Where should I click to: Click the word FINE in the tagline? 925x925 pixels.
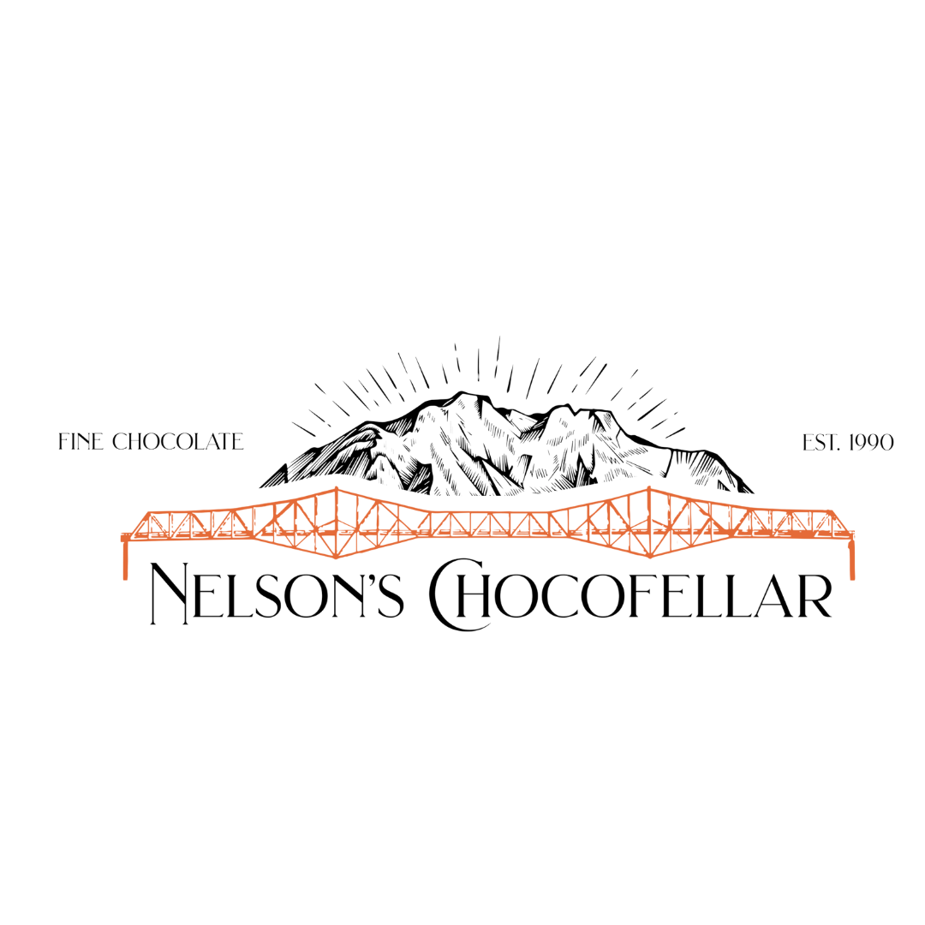(81, 441)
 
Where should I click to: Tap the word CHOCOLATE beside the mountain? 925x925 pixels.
(177, 441)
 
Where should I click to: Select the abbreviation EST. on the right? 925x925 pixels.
(821, 443)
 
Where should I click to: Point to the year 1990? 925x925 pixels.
(871, 443)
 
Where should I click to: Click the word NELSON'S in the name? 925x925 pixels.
(277, 592)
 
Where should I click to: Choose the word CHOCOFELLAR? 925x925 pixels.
(630, 593)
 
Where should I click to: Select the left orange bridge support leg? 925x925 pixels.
(125, 558)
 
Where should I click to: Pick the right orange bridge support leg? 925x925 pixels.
(851, 558)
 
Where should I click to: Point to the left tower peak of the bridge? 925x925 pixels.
(337, 488)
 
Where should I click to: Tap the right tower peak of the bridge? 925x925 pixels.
(649, 488)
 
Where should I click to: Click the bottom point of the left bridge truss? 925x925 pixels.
(337, 557)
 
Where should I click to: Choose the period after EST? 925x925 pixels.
(838, 450)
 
